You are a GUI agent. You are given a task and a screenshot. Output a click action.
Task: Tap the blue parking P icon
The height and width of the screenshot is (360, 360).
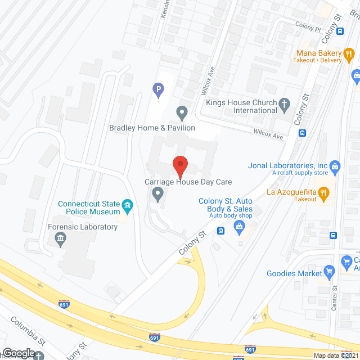coord(159,88)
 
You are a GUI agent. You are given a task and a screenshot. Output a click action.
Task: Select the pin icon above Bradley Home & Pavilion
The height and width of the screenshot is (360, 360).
coord(182,112)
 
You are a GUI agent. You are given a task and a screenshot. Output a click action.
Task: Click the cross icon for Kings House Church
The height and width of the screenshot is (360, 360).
coord(285,103)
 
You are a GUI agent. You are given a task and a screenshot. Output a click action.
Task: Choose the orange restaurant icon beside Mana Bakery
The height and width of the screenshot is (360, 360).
coord(349,55)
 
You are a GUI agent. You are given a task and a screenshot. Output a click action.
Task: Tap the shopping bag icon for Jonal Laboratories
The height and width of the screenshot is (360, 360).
coord(336,166)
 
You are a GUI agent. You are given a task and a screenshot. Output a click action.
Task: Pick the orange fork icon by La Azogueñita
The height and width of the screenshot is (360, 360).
coord(323,193)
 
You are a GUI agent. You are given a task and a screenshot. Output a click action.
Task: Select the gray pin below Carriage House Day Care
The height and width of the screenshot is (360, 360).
coord(158,195)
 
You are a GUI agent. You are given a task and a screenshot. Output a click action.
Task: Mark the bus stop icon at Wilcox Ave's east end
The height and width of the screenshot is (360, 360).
coord(303,133)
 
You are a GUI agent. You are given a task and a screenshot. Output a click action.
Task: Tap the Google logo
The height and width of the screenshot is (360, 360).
coord(18,353)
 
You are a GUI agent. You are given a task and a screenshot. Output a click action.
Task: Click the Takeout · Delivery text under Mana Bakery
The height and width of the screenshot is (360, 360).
coord(320,61)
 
